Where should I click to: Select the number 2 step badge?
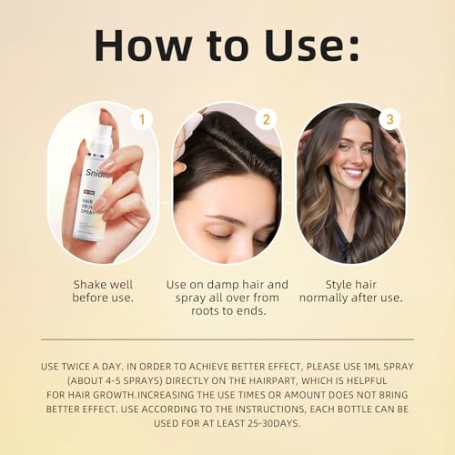(x=266, y=119)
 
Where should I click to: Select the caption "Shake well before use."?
(x=102, y=290)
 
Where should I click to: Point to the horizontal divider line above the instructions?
(x=227, y=339)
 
